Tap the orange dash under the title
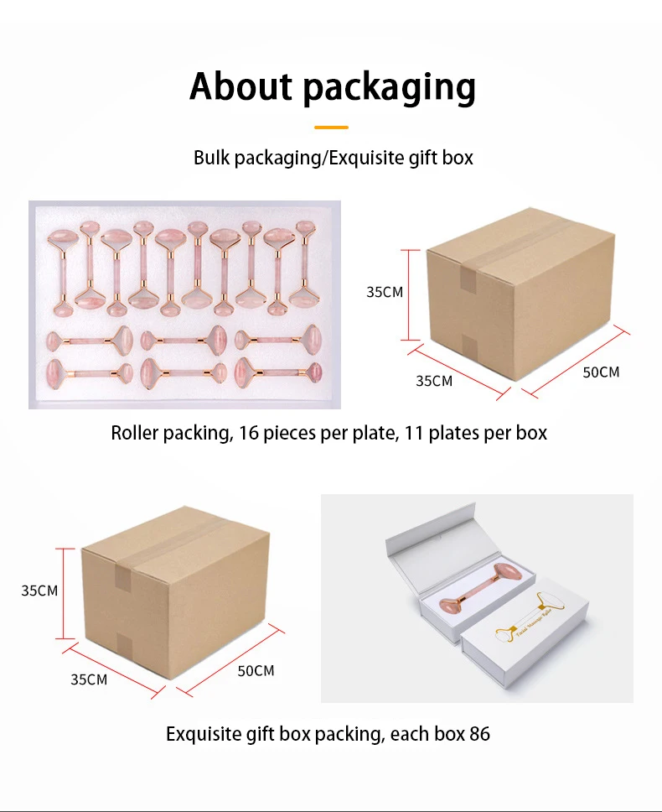tap(331, 128)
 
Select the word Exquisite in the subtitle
tap(365, 158)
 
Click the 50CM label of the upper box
tap(601, 372)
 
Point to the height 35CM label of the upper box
tap(385, 292)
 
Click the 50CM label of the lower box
tap(256, 670)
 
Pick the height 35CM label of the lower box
tap(39, 591)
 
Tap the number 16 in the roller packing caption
tap(250, 433)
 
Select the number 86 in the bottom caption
tap(479, 734)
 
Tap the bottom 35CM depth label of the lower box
tap(89, 679)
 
